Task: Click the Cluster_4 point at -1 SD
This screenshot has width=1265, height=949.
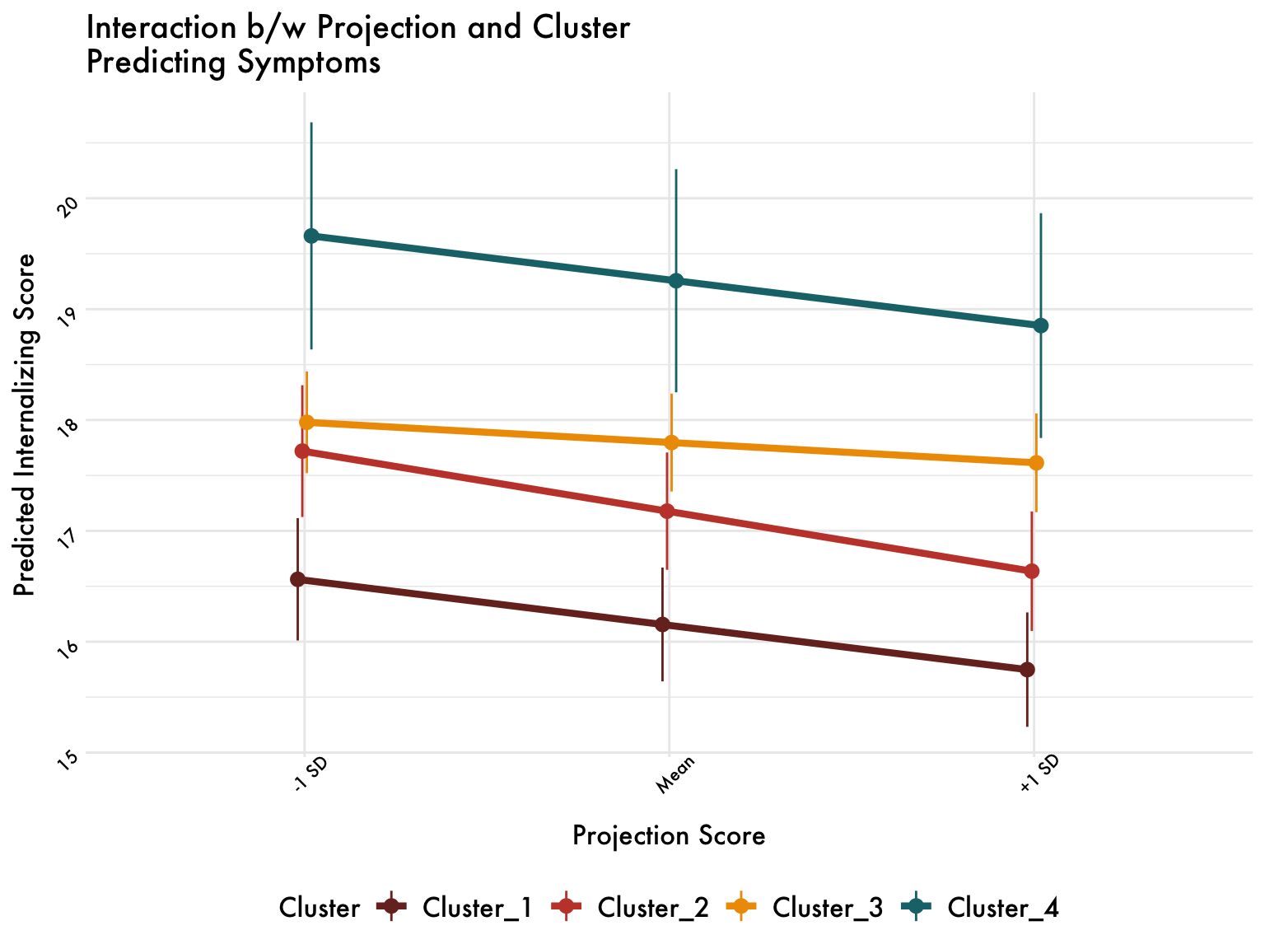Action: [x=311, y=236]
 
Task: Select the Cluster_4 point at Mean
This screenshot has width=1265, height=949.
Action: [x=676, y=281]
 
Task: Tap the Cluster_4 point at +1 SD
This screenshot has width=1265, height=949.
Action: [x=1040, y=325]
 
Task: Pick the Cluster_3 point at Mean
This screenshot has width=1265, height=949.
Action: [x=671, y=442]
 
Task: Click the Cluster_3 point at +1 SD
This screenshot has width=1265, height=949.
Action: [x=1036, y=463]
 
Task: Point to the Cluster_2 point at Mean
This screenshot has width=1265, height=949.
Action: [x=667, y=512]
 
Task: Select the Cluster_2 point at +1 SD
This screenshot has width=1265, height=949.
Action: [x=1032, y=572]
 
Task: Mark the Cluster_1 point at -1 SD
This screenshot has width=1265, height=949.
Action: [x=298, y=580]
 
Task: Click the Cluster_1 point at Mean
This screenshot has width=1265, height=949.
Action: [x=662, y=624]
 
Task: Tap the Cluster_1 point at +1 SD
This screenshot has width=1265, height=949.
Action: [x=1027, y=670]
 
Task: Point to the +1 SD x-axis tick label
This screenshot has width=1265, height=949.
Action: [x=1039, y=777]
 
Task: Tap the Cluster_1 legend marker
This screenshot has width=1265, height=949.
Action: [x=391, y=908]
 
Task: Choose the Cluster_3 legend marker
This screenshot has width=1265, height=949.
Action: [x=741, y=908]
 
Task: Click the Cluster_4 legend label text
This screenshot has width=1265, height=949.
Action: [x=1003, y=908]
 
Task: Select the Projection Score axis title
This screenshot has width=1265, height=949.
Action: [x=669, y=836]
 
